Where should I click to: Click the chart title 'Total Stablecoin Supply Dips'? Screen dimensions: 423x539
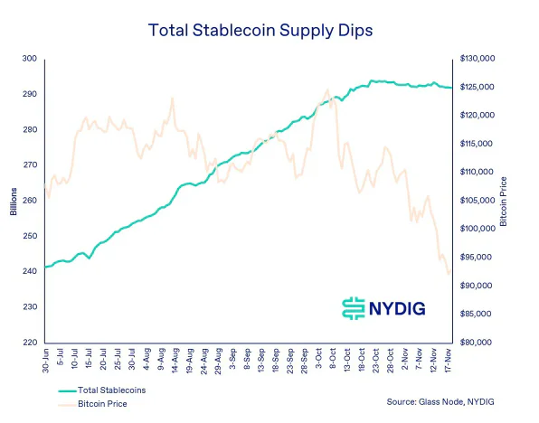[x=269, y=31]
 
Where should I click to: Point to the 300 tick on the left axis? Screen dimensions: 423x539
[x=31, y=59]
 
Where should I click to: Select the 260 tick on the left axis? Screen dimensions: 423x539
[x=31, y=201]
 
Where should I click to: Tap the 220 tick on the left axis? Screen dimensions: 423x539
[x=31, y=343]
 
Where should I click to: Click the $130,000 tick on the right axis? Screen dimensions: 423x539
[x=478, y=59]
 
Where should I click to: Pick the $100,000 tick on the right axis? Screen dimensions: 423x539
[x=478, y=229]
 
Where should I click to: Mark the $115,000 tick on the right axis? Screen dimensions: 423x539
[x=478, y=144]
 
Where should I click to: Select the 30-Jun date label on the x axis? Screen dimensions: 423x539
[x=44, y=362]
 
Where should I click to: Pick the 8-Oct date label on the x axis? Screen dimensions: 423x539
[x=335, y=362]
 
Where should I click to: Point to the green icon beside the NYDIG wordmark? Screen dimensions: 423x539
[x=353, y=307]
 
